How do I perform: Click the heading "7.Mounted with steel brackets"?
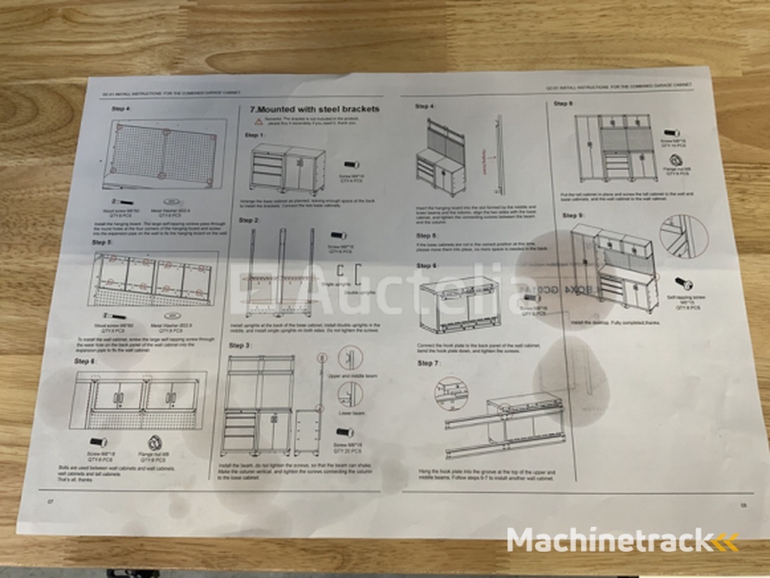coord(314,108)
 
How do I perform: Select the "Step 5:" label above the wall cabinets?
coord(102,242)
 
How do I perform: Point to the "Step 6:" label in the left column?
coord(85,362)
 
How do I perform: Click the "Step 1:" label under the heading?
coord(255,135)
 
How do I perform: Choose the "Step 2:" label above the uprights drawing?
coord(249,221)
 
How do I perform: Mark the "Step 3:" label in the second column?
coord(240,345)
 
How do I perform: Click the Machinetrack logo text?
coord(609,540)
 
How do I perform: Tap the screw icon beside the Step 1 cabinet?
coord(350,164)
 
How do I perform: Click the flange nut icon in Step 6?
coord(156,441)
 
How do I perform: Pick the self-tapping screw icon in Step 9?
coord(683,283)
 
